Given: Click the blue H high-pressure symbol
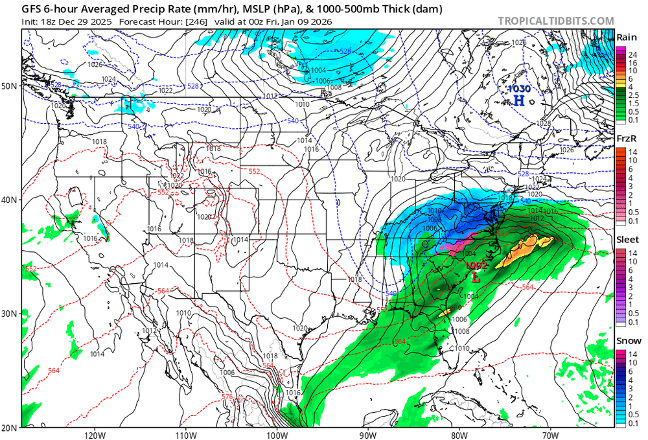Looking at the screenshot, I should (x=518, y=100).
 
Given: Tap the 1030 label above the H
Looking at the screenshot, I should (x=518, y=88).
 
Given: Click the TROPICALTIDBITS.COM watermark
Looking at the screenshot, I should (x=555, y=21).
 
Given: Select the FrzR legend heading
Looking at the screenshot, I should (x=626, y=138).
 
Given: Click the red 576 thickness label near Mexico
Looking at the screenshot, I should (x=227, y=396).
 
